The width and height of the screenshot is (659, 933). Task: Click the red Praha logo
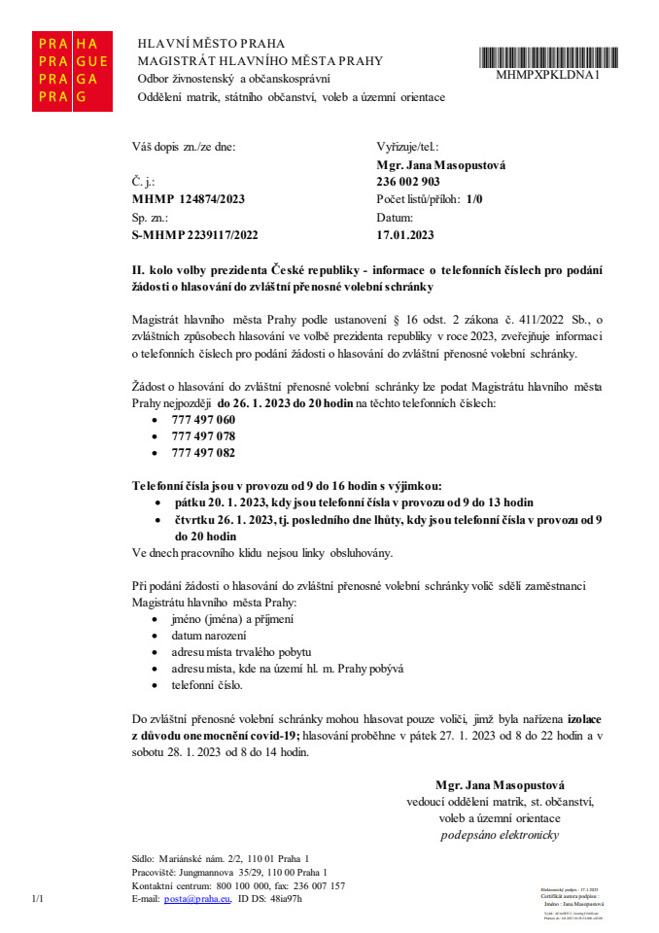[71, 70]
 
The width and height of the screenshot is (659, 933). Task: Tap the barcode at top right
[549, 55]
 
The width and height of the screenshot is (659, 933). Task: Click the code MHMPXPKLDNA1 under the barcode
[549, 74]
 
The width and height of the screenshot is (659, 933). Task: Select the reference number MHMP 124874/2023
[189, 199]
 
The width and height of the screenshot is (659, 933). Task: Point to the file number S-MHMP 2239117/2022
[194, 235]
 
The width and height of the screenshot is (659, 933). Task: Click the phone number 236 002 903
[408, 182]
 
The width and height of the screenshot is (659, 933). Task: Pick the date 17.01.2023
[405, 235]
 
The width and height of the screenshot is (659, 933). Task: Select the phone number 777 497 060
[203, 419]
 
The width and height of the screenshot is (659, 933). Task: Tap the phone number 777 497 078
[203, 435]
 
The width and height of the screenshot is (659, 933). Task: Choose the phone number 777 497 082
[203, 452]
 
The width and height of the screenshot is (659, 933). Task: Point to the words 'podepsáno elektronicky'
[501, 835]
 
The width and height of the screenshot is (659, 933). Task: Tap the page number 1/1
[39, 899]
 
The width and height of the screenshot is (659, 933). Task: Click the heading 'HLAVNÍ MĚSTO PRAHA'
[212, 44]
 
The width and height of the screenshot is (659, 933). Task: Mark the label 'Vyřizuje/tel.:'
[408, 148]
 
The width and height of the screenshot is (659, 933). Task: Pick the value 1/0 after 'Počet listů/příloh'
[474, 199]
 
